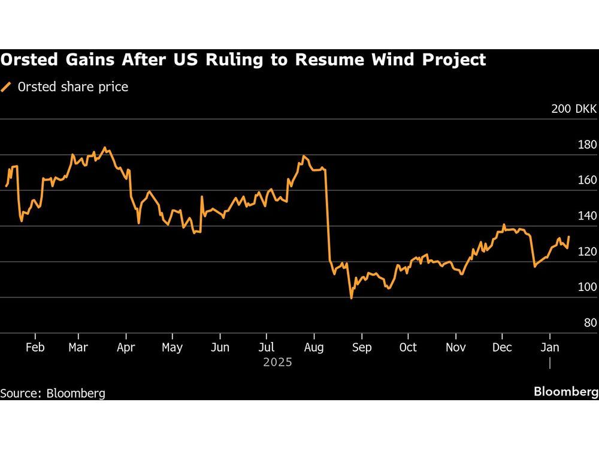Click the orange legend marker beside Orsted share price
coord(7,87)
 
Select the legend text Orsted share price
coord(73,87)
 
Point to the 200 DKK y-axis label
coord(574,109)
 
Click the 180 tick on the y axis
coord(588,145)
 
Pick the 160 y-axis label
coord(588,180)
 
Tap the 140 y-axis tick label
coord(588,216)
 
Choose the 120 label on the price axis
coord(588,251)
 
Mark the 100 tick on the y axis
coord(588,287)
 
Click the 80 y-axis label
coord(590,323)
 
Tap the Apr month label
coord(126,347)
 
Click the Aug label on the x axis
coord(314,347)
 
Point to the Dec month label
coord(502,347)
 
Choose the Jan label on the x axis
coord(550,347)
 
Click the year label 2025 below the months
coord(277,362)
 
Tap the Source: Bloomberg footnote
coord(53,394)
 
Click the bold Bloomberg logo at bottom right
coord(566,392)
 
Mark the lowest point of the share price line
coord(351,298)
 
